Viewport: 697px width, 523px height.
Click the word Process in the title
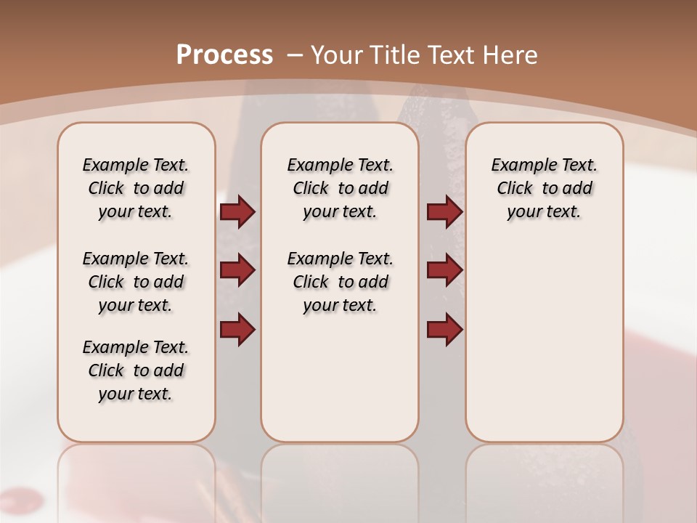(x=224, y=54)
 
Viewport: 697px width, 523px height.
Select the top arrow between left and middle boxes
(x=237, y=212)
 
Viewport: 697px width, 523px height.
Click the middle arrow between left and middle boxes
(x=237, y=270)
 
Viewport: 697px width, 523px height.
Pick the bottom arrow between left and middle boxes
(x=237, y=329)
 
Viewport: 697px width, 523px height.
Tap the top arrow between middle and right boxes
(x=444, y=212)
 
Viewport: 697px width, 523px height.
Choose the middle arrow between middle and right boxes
(x=444, y=270)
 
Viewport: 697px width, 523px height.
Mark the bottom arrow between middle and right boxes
(x=444, y=329)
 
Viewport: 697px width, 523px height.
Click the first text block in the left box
(x=136, y=188)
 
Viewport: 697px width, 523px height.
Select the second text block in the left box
(x=136, y=282)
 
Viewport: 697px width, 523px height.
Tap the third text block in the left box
(x=136, y=370)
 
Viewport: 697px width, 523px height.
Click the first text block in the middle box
(x=340, y=188)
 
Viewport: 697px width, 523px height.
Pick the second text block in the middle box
(x=340, y=282)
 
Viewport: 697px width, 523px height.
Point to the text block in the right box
(x=544, y=188)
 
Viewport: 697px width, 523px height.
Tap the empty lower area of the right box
(x=544, y=341)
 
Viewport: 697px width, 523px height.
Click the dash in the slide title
(x=295, y=54)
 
